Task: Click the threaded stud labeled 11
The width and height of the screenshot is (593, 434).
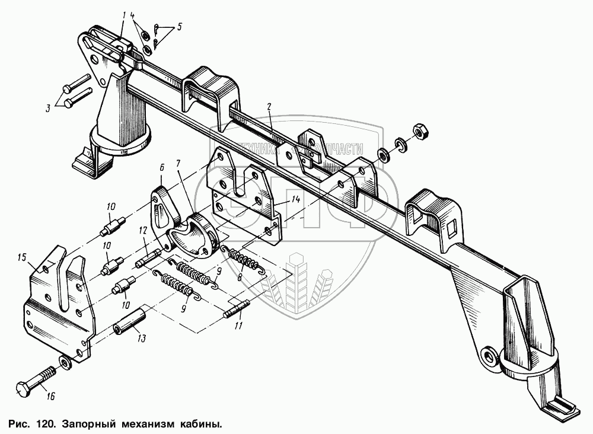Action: pos(238,311)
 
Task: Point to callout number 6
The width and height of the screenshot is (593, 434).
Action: pos(160,168)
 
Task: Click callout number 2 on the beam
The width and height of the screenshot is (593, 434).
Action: pos(269,107)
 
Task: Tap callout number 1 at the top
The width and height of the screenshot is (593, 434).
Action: pos(125,14)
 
